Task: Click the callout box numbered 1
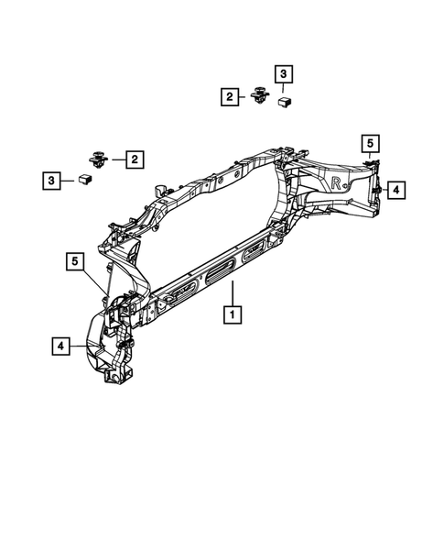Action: click(x=233, y=314)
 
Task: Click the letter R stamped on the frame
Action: click(x=336, y=182)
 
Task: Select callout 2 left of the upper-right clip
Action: click(x=230, y=97)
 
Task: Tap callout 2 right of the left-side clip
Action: click(x=135, y=160)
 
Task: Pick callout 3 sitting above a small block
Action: click(x=284, y=74)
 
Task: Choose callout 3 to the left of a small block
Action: click(x=51, y=181)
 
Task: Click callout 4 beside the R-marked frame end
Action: click(x=396, y=190)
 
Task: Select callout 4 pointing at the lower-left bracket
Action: click(x=60, y=346)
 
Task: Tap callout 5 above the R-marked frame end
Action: click(x=370, y=144)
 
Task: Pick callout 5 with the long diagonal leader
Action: click(x=75, y=261)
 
